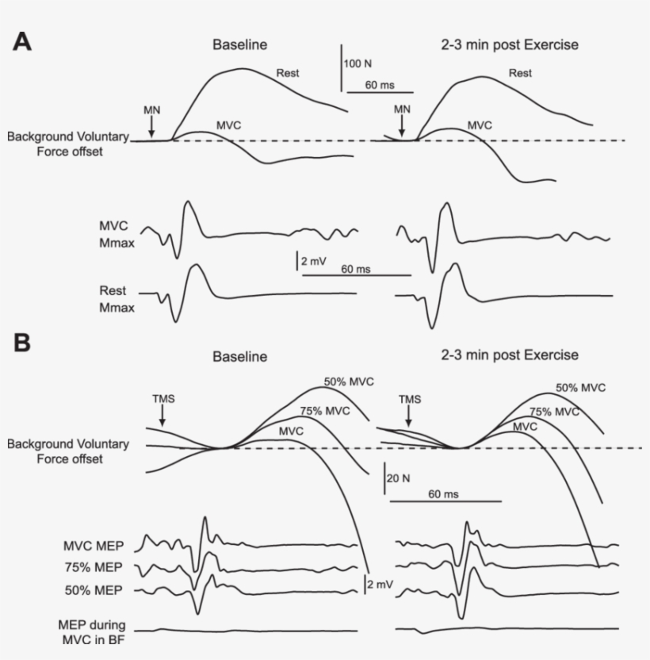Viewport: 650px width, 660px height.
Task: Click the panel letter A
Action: pos(22,42)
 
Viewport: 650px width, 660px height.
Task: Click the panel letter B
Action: pos(22,343)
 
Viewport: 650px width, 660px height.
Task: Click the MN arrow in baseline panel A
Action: pos(152,123)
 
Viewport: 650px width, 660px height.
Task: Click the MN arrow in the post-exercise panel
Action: pos(402,123)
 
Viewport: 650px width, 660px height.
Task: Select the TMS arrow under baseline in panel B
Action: pos(162,414)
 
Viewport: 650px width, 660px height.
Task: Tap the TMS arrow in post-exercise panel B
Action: pos(408,414)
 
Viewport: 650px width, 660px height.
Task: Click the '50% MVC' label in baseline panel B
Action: pos(348,382)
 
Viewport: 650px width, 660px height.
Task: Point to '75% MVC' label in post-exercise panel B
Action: pos(554,412)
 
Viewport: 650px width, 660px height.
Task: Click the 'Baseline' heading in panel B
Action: pos(239,357)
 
